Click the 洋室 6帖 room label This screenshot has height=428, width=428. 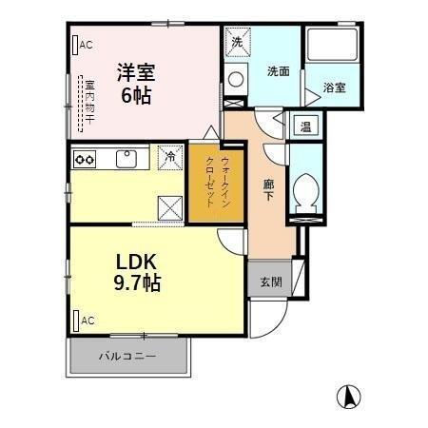click(136, 83)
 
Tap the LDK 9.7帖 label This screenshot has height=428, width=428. click(138, 271)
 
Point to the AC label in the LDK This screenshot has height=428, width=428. click(86, 321)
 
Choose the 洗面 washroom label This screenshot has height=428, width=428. click(278, 70)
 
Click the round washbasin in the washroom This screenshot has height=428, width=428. click(236, 79)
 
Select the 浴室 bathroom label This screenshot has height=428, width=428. click(334, 87)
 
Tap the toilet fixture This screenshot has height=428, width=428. click(306, 190)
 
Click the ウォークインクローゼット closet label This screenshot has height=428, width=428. click(207, 183)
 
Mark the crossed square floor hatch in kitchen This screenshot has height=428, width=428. click(170, 204)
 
